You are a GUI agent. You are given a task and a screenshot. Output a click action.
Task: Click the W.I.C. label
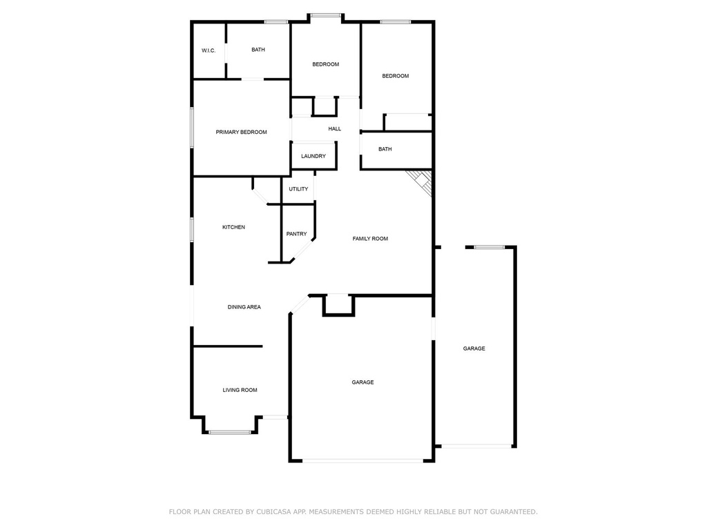[209, 50]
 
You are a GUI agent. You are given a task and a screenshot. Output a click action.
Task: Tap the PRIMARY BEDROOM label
[241, 132]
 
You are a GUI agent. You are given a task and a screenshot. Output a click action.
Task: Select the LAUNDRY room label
[313, 156]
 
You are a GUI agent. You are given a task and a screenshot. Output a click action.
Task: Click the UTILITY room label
[298, 189]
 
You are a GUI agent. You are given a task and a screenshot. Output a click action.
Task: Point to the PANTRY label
[297, 234]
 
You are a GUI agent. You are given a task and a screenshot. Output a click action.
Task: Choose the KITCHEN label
[233, 227]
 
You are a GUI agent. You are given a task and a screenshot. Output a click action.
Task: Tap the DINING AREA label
[244, 307]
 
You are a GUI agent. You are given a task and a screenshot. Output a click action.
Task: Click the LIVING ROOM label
[240, 390]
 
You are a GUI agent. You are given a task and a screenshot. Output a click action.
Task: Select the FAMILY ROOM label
[370, 239]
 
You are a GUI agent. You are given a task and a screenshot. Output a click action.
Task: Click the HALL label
[334, 129]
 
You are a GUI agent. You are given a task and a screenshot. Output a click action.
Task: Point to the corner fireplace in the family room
[421, 181]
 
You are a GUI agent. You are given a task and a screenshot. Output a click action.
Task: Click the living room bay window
[230, 432]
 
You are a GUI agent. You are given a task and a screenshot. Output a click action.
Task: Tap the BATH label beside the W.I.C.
[258, 50]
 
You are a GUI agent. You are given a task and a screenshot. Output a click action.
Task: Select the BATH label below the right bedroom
[385, 149]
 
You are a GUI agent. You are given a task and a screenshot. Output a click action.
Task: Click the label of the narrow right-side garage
[474, 349]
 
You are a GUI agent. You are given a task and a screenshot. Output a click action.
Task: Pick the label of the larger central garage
[362, 382]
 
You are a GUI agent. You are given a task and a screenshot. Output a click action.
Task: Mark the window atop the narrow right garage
[490, 247]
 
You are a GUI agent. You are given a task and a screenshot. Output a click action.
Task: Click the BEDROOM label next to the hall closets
[325, 64]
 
